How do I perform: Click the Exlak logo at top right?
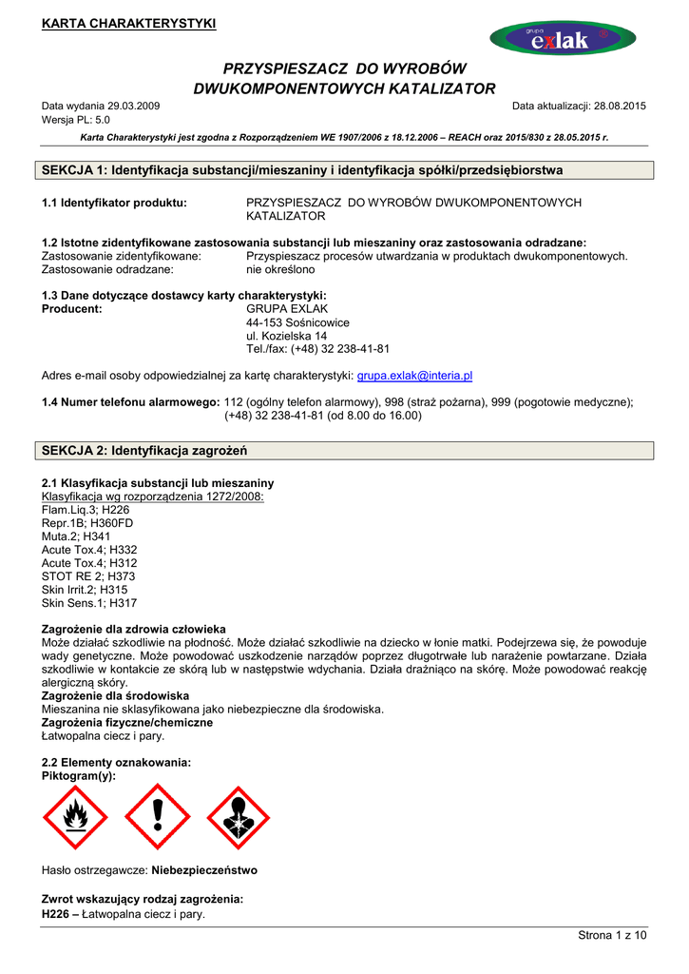click(563, 38)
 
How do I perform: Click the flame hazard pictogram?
click(76, 818)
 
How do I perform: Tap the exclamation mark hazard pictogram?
click(158, 818)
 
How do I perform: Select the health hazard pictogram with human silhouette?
click(239, 818)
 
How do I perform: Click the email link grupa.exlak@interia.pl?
click(414, 376)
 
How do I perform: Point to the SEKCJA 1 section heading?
click(303, 170)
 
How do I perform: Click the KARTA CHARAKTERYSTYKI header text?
click(128, 24)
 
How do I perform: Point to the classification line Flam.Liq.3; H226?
click(86, 510)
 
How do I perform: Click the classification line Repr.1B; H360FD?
click(87, 523)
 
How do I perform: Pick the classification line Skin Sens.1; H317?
click(89, 603)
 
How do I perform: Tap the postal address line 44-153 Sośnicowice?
click(297, 322)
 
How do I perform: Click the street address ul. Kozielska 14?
click(286, 336)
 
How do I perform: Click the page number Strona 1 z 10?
click(612, 936)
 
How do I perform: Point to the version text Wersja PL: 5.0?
click(76, 120)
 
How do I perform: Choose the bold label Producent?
click(72, 309)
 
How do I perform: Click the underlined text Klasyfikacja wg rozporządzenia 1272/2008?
click(153, 497)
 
